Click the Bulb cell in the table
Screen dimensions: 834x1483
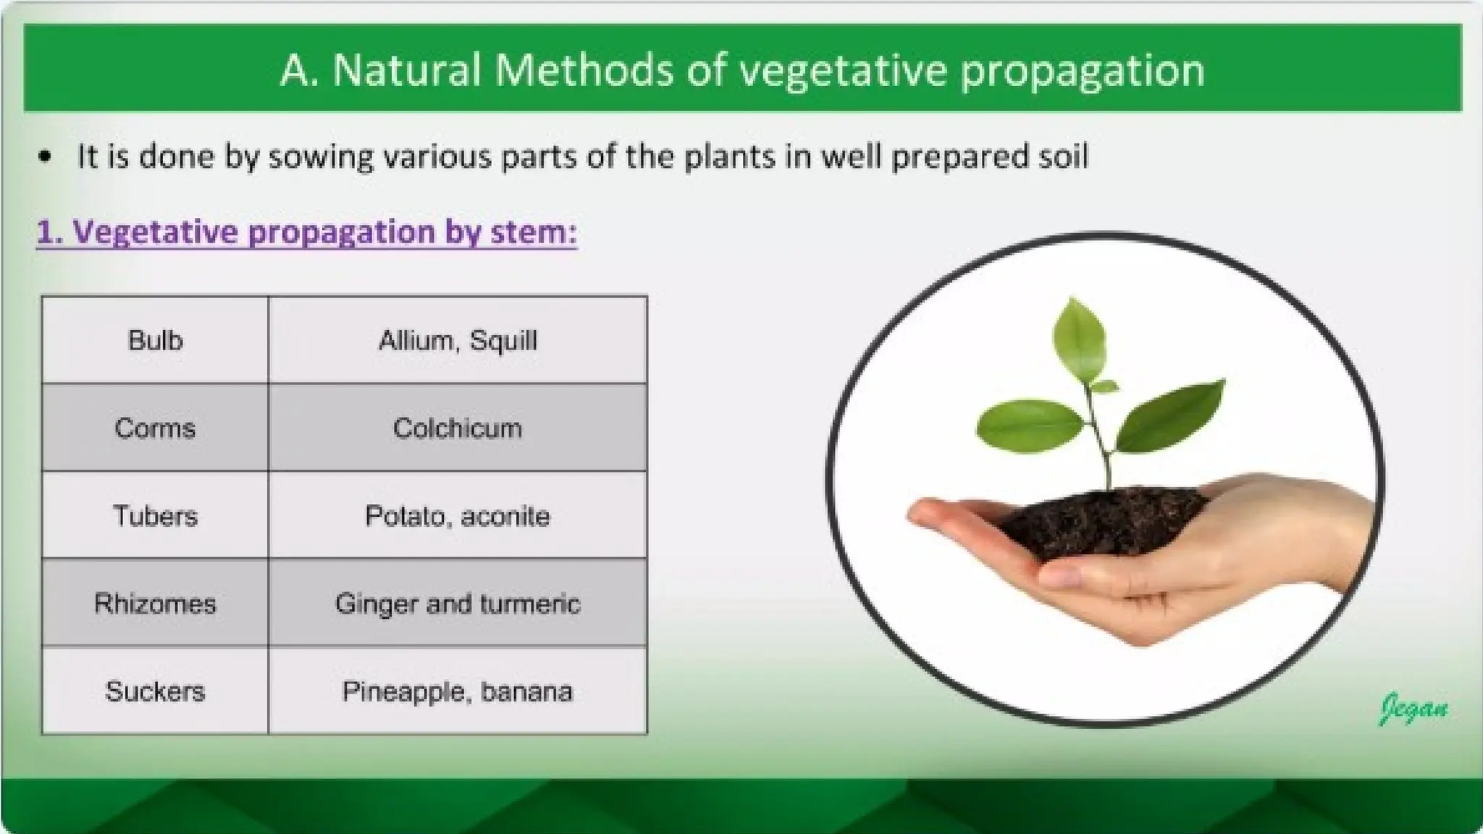tap(155, 340)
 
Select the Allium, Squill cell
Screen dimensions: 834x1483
tap(458, 340)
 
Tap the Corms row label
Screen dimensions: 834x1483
tap(155, 428)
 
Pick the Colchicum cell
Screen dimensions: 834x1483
tap(458, 428)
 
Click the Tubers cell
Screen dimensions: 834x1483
tap(155, 515)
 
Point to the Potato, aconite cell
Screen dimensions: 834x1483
tap(458, 515)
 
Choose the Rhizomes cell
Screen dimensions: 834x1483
tap(155, 603)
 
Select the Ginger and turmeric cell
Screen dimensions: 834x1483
tap(458, 603)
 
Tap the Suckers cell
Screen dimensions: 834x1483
tap(155, 691)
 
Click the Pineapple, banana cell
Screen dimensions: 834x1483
tap(458, 691)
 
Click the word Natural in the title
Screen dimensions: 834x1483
tap(407, 70)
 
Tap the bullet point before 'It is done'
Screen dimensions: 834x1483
tap(46, 157)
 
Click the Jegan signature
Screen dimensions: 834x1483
tap(1413, 707)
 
